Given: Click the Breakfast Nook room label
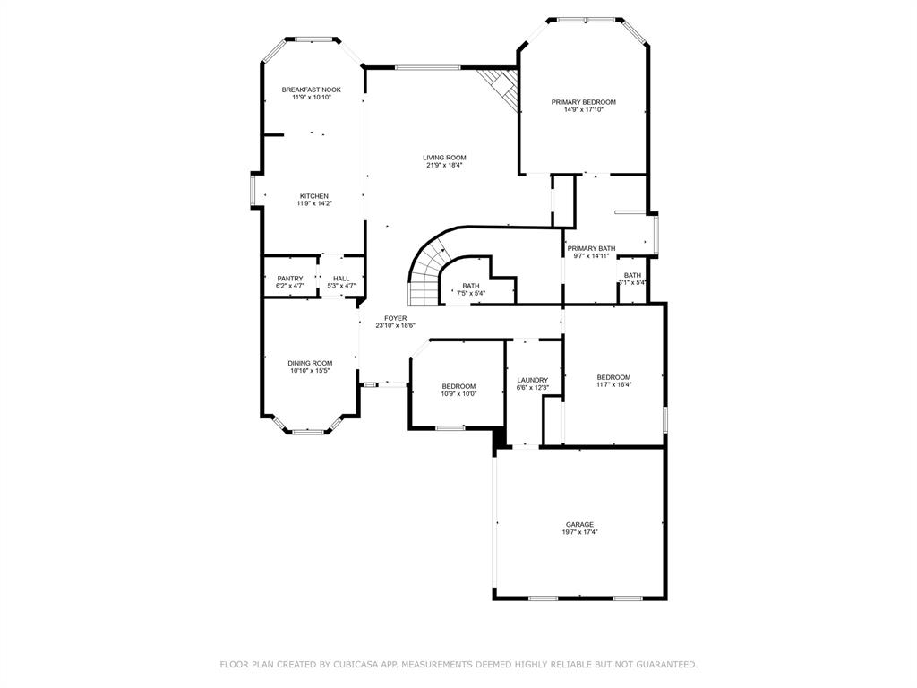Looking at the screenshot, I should [x=311, y=90].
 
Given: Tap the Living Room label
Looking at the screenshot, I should [x=444, y=158].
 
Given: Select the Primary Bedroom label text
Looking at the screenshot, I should [x=583, y=102].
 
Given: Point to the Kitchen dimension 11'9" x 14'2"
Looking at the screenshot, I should [x=314, y=203].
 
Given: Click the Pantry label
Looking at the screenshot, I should [x=289, y=279].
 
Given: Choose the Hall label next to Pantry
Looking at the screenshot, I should [x=341, y=279].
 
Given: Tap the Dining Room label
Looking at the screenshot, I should [x=310, y=363].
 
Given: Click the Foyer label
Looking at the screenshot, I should [x=395, y=318].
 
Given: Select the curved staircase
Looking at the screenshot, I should [x=428, y=269].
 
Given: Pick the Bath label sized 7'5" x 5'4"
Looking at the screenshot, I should [x=471, y=286].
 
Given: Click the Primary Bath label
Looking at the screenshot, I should [x=591, y=248].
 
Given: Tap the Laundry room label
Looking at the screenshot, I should [x=532, y=380].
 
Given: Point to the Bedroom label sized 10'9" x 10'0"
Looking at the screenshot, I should [x=458, y=386].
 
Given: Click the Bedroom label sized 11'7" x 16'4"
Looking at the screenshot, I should [x=613, y=377].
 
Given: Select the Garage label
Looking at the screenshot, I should [x=579, y=524].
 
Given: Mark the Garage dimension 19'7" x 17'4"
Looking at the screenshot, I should [x=579, y=532].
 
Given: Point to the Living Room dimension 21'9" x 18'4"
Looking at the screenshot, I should [x=444, y=165].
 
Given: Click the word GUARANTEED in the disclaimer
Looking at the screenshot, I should [x=666, y=665].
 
